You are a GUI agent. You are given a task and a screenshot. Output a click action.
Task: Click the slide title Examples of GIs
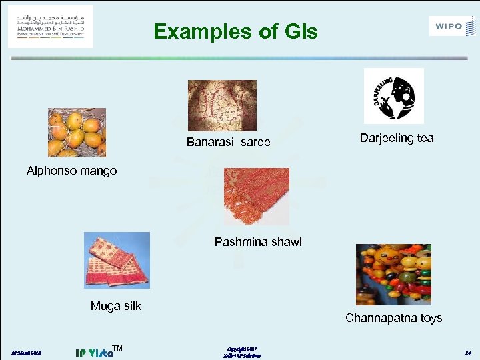tap(235, 31)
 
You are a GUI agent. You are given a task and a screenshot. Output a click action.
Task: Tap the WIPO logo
tap(453, 27)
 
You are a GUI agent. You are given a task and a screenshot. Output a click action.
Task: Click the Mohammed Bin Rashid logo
tap(51, 27)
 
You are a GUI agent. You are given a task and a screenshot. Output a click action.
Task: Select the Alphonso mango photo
tap(77, 132)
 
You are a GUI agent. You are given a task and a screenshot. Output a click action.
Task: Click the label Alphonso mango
tap(71, 171)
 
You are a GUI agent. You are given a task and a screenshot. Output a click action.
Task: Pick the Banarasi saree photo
tap(222, 105)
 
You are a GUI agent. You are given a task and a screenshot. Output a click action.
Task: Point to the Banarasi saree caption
tap(228, 142)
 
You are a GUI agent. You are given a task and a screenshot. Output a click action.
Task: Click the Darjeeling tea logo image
tap(393, 95)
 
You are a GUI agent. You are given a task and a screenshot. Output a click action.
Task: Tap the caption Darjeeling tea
tap(397, 139)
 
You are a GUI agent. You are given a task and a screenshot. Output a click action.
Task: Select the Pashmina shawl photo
tap(256, 196)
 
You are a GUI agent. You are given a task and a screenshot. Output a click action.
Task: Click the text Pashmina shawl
tap(258, 242)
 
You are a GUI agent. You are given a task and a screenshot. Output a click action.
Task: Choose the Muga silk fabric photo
tap(117, 260)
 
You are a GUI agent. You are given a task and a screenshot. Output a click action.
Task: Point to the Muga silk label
tap(116, 307)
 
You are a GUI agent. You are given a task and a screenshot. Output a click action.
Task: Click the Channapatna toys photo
tap(393, 274)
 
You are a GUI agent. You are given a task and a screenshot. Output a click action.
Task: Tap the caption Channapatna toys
tap(393, 318)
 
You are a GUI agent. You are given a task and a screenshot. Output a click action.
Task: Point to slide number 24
tap(468, 352)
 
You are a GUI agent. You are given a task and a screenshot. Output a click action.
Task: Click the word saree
tap(255, 142)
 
